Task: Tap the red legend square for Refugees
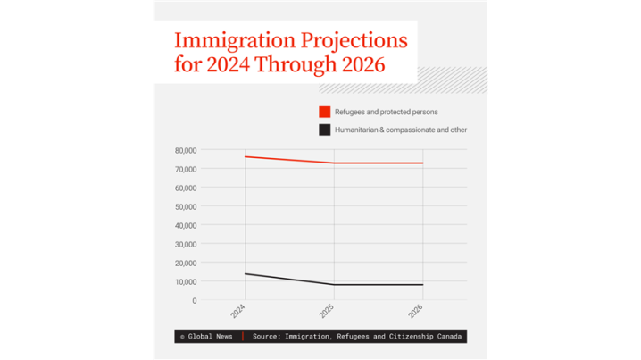coord(325,112)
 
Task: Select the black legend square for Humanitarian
coord(325,130)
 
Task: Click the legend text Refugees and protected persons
coord(386,112)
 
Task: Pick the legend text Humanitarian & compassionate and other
coord(401,130)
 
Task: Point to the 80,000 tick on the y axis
coord(186,150)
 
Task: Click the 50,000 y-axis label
coord(186,206)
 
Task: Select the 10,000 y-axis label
coord(186,281)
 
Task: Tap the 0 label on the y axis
coord(194,300)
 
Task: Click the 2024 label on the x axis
coord(239,313)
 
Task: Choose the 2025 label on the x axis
coord(328,313)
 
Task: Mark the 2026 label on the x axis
coord(416,313)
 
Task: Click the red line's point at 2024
coord(246,157)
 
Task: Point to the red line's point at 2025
coord(334,163)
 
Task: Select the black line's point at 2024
coord(246,274)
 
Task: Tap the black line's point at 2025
coord(334,285)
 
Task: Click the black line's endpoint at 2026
coord(422,285)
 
